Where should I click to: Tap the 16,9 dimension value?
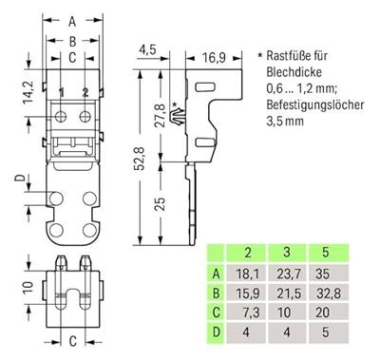click(x=214, y=58)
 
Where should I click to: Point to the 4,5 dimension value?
click(x=146, y=49)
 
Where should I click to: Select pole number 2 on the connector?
click(x=85, y=92)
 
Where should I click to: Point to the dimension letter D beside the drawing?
click(x=19, y=178)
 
